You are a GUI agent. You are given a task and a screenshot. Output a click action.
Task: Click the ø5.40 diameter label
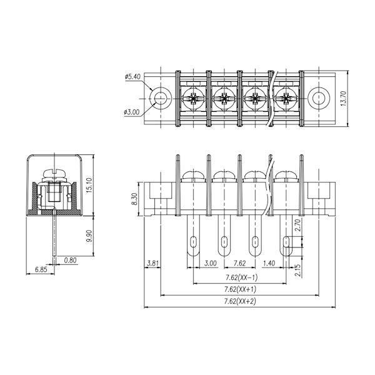click(x=132, y=77)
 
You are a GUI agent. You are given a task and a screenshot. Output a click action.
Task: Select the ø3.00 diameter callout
click(x=131, y=112)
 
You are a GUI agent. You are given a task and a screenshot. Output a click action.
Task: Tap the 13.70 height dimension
click(x=343, y=99)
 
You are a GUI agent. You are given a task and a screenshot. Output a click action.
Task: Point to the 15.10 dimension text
click(x=89, y=185)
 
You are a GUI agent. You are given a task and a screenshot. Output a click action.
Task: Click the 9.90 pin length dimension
click(x=89, y=236)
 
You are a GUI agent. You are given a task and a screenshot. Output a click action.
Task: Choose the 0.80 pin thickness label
click(x=70, y=261)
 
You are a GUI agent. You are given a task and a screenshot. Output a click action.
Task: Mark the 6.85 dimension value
click(x=41, y=270)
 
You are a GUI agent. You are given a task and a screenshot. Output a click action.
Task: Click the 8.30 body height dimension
click(x=134, y=199)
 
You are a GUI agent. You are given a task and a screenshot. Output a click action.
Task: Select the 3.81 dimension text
click(x=152, y=263)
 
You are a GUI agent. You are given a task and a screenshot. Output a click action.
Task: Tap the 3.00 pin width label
click(x=210, y=263)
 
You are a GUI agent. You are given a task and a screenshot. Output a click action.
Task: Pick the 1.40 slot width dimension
click(x=269, y=263)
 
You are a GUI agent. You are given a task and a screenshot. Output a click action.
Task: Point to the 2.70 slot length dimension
click(x=298, y=225)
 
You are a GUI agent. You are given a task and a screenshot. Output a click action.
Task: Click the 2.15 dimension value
click(x=298, y=270)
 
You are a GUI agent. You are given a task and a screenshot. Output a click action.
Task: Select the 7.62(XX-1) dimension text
click(x=242, y=277)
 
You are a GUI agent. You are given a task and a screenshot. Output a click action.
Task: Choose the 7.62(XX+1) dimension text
click(x=240, y=289)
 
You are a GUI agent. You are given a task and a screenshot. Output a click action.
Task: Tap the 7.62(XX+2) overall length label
click(x=240, y=301)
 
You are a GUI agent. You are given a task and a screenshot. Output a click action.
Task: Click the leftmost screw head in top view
click(x=193, y=98)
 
